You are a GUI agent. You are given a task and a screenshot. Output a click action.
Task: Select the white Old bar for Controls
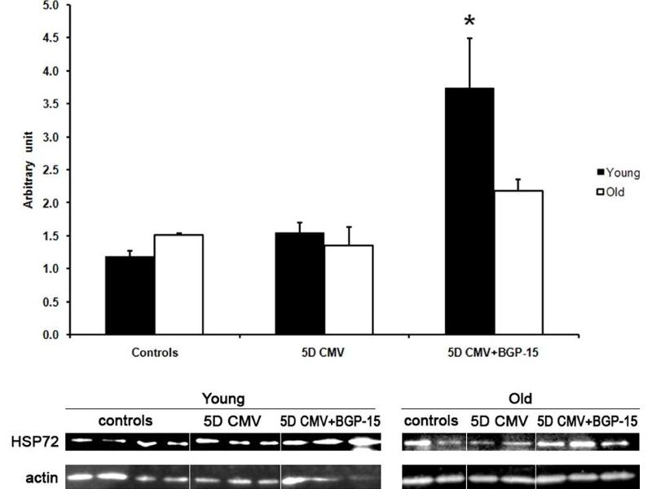178,284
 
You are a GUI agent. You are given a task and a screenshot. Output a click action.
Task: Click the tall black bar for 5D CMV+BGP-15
469,211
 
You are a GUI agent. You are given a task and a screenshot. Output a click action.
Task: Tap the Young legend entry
619,173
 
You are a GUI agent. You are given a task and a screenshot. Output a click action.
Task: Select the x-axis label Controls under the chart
154,354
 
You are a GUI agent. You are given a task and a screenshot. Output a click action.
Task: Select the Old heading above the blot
519,399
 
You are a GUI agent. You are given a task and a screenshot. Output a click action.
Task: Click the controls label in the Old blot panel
431,421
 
